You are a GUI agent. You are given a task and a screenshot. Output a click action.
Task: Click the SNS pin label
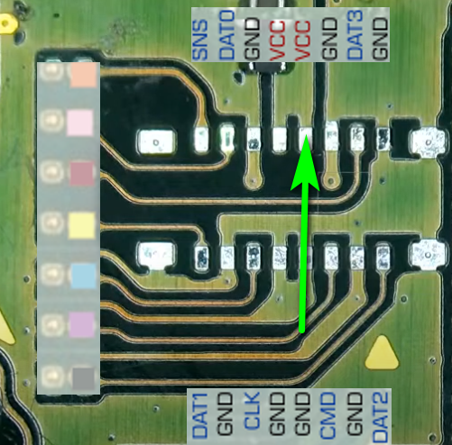(200, 40)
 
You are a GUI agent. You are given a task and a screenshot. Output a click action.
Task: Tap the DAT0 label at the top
(226, 34)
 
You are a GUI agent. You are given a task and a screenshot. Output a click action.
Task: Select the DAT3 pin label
(355, 34)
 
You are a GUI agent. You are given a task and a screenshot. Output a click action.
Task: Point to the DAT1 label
(200, 415)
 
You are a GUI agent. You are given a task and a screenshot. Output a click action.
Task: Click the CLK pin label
(252, 410)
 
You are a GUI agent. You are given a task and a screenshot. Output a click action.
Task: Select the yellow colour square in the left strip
(81, 225)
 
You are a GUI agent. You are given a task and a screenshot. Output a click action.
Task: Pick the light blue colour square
(84, 276)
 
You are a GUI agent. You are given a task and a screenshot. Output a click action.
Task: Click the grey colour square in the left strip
(84, 378)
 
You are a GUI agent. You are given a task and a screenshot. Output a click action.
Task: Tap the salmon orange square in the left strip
(83, 75)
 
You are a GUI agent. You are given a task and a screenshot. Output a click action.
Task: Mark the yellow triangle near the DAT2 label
(382, 354)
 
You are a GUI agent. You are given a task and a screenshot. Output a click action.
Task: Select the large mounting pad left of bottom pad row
(156, 256)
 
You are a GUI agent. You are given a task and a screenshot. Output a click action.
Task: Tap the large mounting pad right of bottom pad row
(429, 255)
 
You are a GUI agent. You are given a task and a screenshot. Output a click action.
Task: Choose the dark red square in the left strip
(82, 174)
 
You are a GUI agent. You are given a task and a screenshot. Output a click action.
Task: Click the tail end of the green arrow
(302, 331)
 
